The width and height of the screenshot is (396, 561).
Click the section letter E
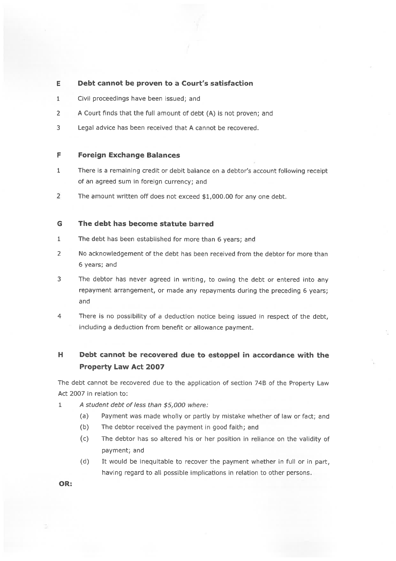(58, 84)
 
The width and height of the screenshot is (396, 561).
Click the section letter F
(59, 155)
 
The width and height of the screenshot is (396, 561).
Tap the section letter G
(59, 224)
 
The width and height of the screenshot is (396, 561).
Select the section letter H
(60, 355)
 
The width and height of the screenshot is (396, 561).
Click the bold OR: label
(66, 484)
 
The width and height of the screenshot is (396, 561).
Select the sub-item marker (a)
(85, 416)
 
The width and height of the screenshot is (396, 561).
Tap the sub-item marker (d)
(85, 462)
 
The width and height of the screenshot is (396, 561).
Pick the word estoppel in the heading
(224, 355)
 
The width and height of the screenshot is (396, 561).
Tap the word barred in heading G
(201, 224)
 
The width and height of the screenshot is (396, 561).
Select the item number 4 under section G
(59, 316)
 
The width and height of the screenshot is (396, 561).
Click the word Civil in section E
(84, 99)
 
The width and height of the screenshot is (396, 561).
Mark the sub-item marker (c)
(85, 439)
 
